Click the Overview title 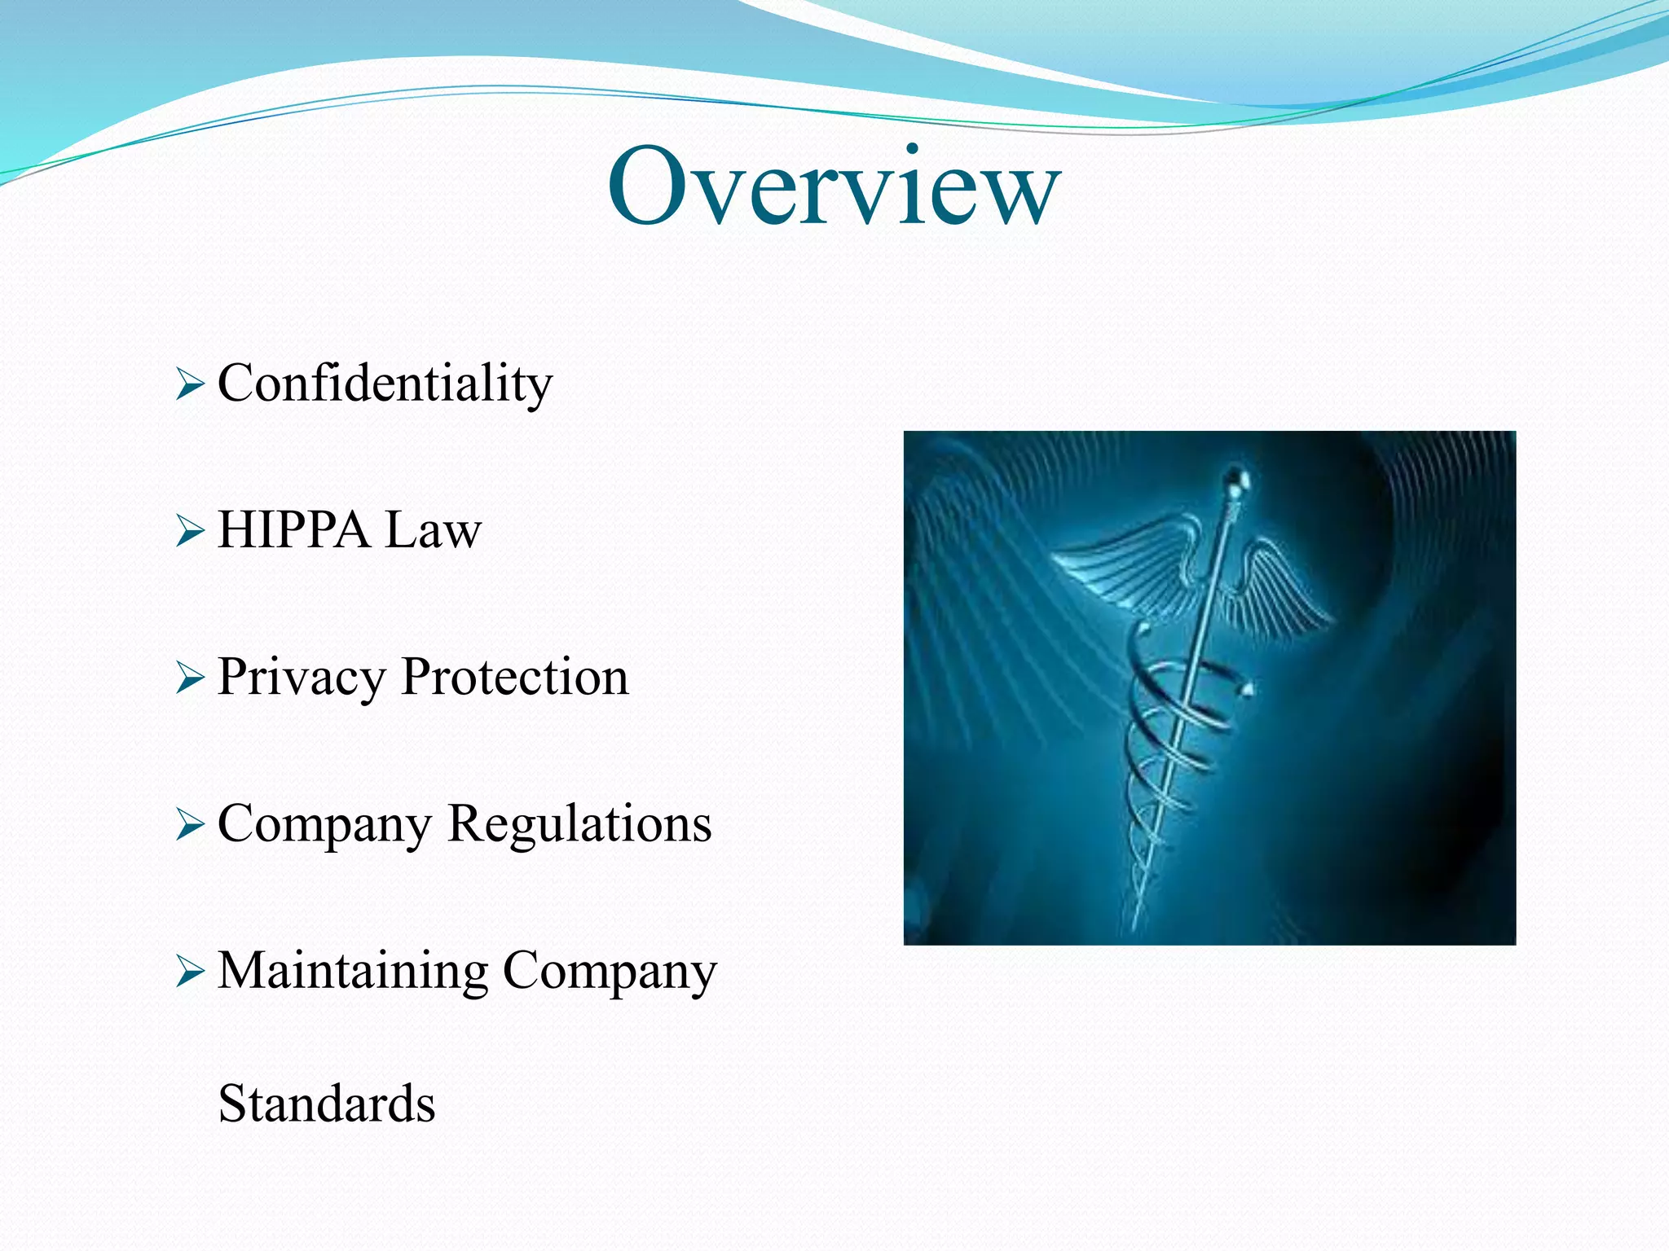833,187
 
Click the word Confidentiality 385,384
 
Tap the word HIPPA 293,530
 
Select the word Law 433,530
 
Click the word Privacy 301,678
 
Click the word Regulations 579,824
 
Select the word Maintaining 352,971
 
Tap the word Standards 327,1104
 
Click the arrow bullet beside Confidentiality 189,384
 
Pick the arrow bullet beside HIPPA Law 189,531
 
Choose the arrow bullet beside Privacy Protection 189,678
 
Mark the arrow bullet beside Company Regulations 189,825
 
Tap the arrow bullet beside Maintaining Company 189,972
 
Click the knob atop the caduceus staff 1236,478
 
